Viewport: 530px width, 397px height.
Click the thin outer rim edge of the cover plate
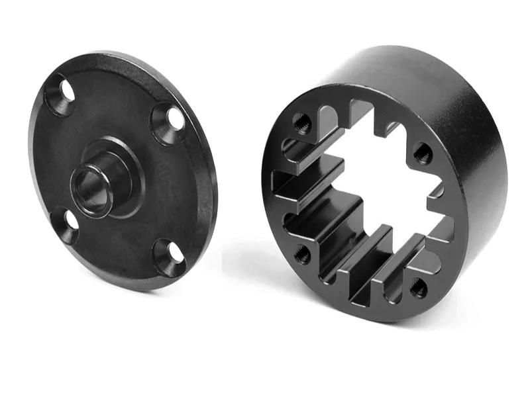coord(211,198)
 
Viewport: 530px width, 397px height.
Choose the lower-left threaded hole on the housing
coord(302,253)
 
